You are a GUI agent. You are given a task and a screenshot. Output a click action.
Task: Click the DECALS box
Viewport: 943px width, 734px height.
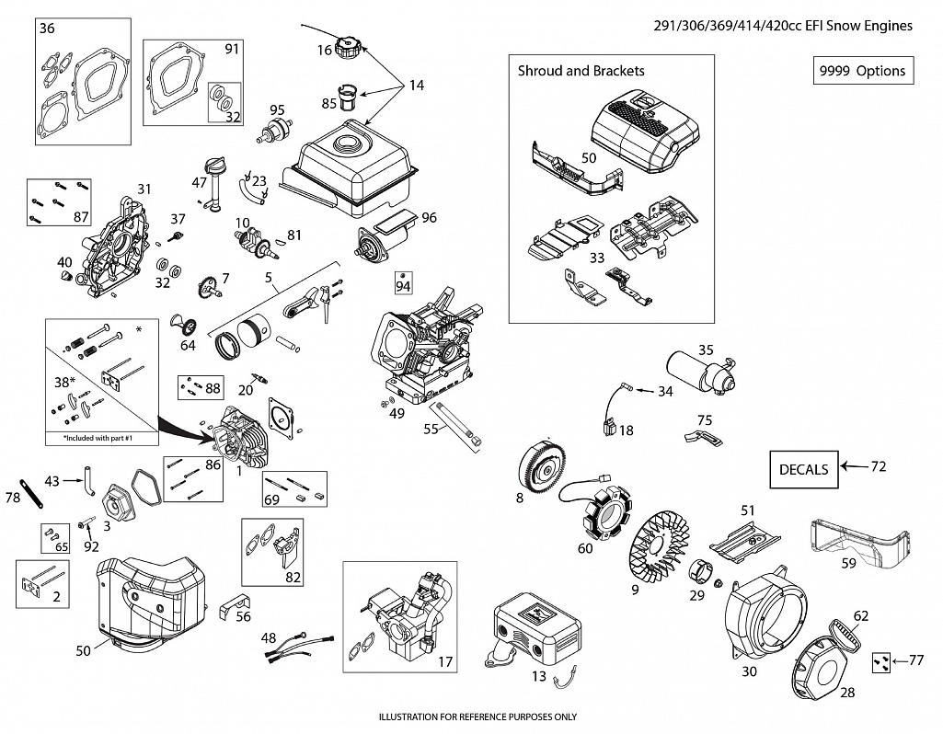804,469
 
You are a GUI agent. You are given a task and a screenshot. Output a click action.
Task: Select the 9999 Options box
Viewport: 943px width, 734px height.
863,71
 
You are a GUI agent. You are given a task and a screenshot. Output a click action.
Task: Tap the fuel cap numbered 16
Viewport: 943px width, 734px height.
351,47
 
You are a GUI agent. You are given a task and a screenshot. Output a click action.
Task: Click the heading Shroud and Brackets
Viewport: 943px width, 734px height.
581,71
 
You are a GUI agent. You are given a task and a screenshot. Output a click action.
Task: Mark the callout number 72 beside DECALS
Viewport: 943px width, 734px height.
878,467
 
